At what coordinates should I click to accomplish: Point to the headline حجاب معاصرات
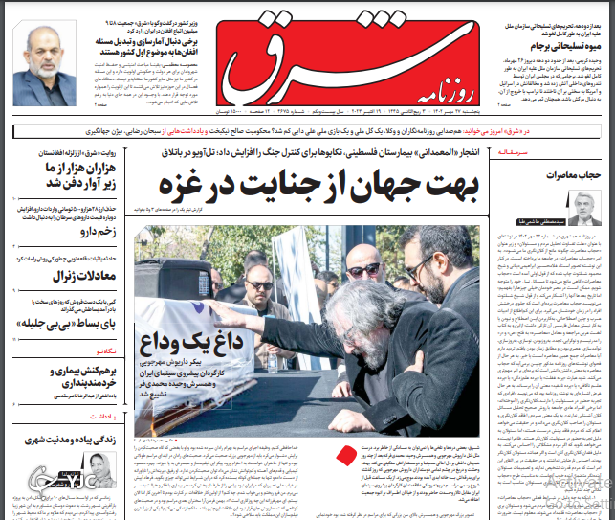click(x=571, y=176)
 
